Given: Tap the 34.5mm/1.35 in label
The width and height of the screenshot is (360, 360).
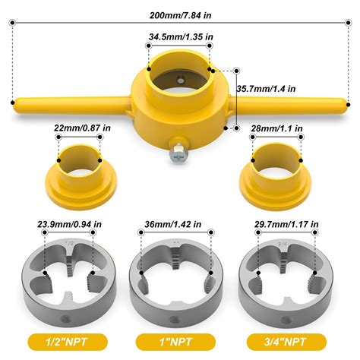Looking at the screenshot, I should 181,35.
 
